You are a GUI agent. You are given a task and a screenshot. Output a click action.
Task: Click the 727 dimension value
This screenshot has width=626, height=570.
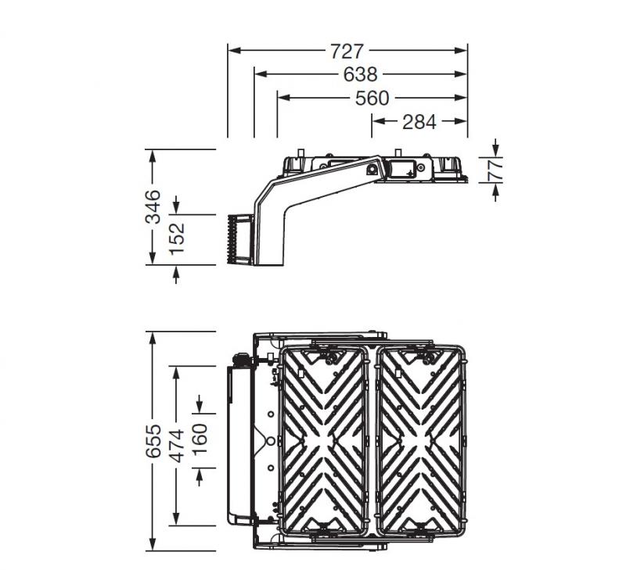[x=347, y=51]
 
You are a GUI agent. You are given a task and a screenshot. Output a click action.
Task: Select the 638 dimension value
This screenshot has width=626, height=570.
[x=360, y=74]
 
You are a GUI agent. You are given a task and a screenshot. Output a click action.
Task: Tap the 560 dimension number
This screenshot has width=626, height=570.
[x=372, y=98]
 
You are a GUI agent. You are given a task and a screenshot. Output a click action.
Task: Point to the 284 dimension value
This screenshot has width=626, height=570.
[x=419, y=121]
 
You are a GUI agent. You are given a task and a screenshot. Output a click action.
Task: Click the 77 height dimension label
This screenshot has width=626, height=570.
[x=495, y=169]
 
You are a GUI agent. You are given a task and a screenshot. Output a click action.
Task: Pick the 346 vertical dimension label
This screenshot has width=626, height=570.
[x=153, y=206]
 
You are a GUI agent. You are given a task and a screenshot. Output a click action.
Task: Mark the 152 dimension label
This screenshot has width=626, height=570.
[x=177, y=239]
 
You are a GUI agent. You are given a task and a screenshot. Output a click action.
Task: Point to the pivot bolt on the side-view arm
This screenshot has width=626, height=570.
[x=372, y=168]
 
